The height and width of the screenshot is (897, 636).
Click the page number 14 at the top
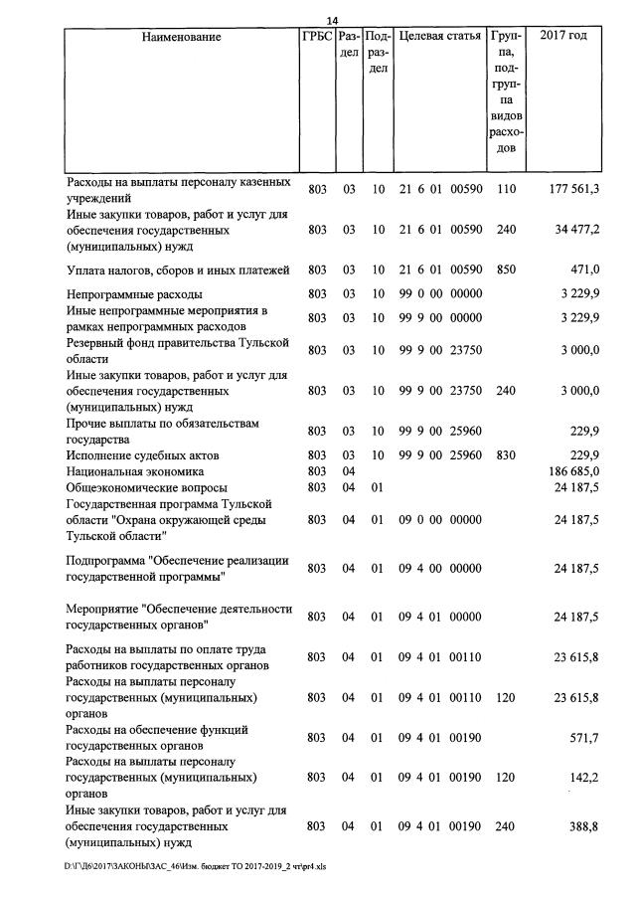click(333, 21)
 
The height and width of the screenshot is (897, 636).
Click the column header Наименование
click(181, 37)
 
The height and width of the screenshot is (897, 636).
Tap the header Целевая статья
click(439, 37)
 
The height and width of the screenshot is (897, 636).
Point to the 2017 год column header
click(563, 37)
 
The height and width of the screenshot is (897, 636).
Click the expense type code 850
click(506, 269)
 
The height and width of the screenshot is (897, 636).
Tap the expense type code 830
click(506, 455)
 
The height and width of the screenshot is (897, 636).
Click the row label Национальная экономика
click(135, 471)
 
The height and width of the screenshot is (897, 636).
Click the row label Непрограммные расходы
click(134, 294)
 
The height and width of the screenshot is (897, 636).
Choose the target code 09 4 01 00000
click(439, 617)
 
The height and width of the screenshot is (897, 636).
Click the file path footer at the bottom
click(195, 866)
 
